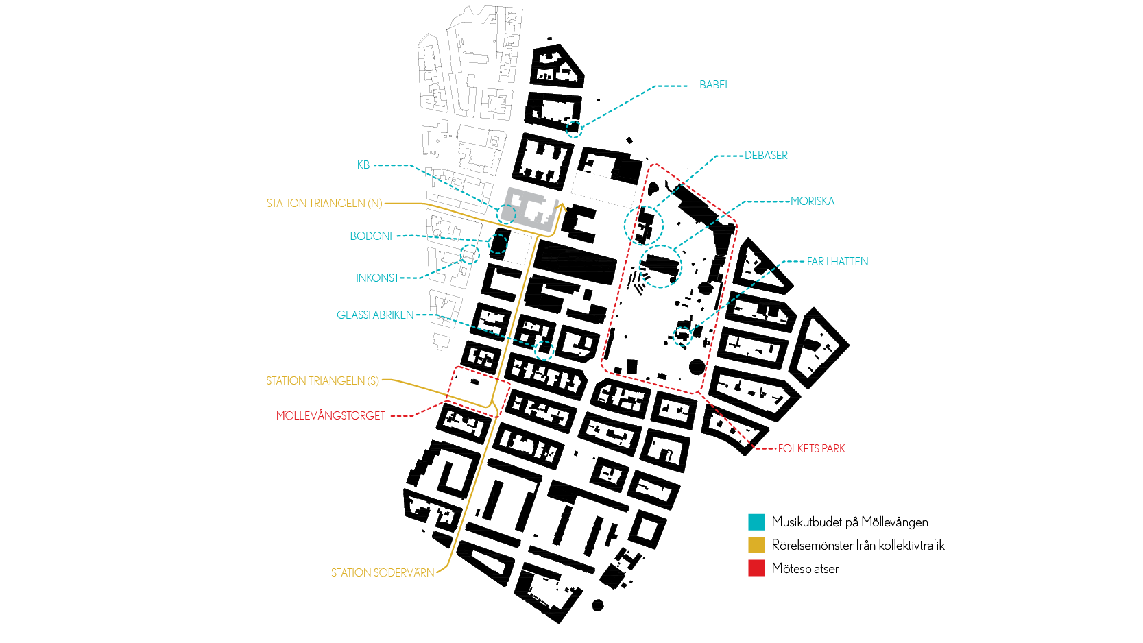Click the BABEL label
pyautogui.click(x=714, y=85)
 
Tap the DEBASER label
pyautogui.click(x=766, y=156)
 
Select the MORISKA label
pyautogui.click(x=813, y=202)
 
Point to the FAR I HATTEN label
pyautogui.click(x=837, y=262)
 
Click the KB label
pyautogui.click(x=363, y=165)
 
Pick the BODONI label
pyautogui.click(x=371, y=236)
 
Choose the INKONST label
pyautogui.click(x=377, y=278)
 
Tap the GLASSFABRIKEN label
pyautogui.click(x=375, y=315)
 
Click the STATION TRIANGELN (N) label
pyautogui.click(x=324, y=204)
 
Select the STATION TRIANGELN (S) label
pyautogui.click(x=322, y=381)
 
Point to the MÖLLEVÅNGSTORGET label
pyautogui.click(x=330, y=416)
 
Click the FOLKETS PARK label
pyautogui.click(x=812, y=449)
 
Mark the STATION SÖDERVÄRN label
pyautogui.click(x=383, y=573)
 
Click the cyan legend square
pyautogui.click(x=756, y=522)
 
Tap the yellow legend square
pyautogui.click(x=756, y=546)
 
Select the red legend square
pyautogui.click(x=756, y=568)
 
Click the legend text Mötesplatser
pyautogui.click(x=805, y=569)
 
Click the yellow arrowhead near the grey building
pyautogui.click(x=562, y=206)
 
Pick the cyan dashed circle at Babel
pyautogui.click(x=573, y=128)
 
